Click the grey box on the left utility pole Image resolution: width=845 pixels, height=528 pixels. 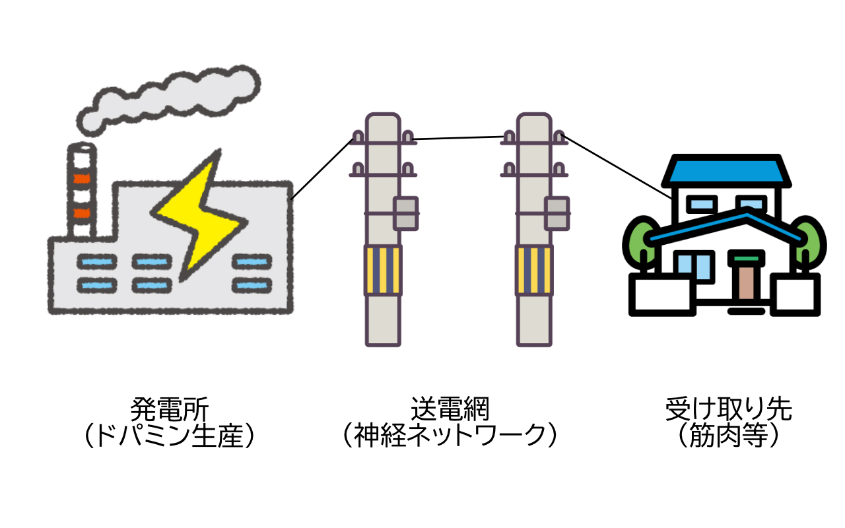click(x=406, y=213)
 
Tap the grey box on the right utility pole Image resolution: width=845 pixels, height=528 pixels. click(x=557, y=213)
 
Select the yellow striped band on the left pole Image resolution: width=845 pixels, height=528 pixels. click(x=383, y=269)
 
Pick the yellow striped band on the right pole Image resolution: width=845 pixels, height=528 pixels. click(x=534, y=269)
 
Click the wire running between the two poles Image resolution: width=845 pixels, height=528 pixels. click(x=459, y=138)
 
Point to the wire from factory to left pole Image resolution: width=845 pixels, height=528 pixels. click(x=322, y=168)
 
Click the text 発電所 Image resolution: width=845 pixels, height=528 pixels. click(x=170, y=410)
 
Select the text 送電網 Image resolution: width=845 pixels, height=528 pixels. click(x=450, y=410)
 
